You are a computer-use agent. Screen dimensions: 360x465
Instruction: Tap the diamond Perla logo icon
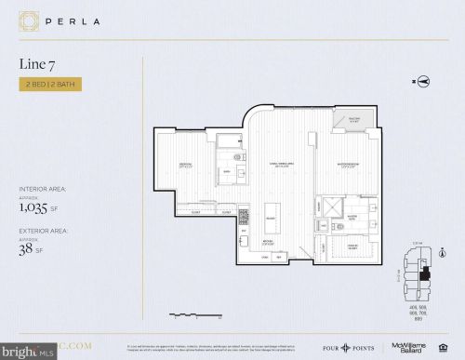coord(29,20)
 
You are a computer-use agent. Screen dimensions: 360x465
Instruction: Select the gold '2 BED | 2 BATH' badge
coord(50,85)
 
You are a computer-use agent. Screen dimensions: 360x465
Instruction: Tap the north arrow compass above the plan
coord(421,82)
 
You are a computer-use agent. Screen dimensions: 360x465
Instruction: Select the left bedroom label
coord(186,167)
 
